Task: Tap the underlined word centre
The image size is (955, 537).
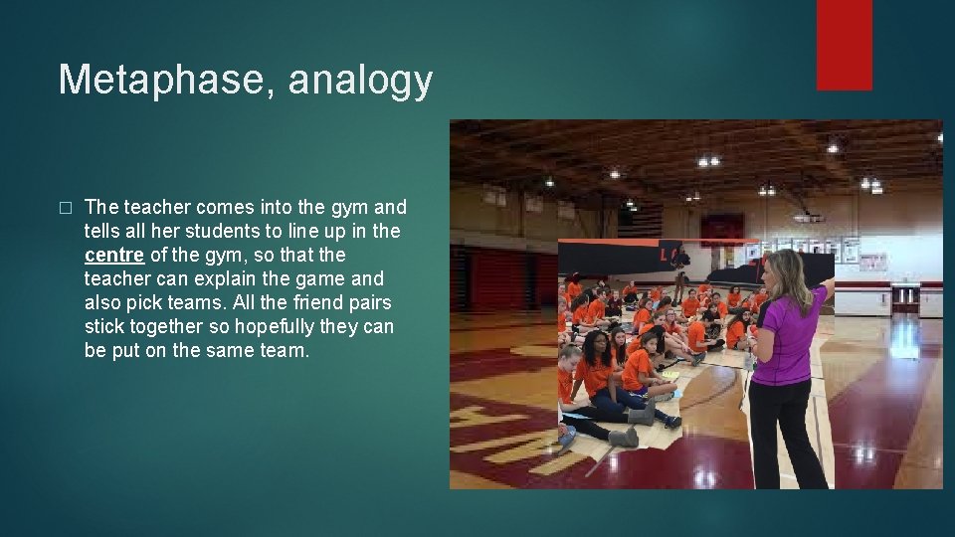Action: [x=114, y=256]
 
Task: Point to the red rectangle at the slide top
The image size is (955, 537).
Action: [x=844, y=45]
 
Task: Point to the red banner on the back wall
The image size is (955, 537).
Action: [x=721, y=229]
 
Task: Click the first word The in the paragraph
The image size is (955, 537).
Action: [x=101, y=208]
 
